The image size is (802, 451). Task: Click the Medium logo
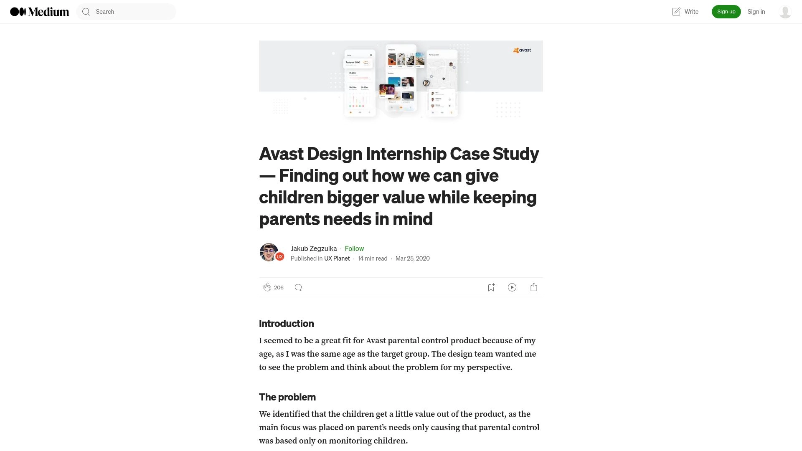point(39,12)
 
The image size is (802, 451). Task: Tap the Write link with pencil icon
point(685,12)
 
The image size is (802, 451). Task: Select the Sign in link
point(756,12)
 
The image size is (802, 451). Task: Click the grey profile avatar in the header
point(785,12)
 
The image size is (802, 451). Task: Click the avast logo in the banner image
point(522,50)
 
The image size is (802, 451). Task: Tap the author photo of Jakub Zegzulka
point(269,252)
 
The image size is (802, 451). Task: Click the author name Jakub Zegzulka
point(314,248)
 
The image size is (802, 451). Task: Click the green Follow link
point(354,248)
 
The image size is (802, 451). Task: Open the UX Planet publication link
point(337,258)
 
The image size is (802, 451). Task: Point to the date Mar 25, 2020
point(412,258)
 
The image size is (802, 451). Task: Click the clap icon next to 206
point(267,287)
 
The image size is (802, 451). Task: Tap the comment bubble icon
point(298,287)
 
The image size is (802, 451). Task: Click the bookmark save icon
point(491,287)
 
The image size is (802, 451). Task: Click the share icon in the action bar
point(533,287)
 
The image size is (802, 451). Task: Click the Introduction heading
point(286,324)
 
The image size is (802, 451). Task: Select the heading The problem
point(287,397)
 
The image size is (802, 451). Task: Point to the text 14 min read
point(373,258)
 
